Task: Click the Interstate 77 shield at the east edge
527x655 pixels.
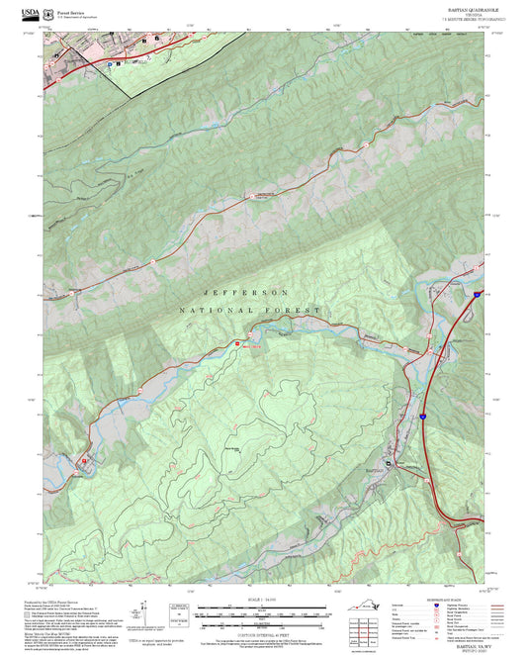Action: tap(478, 295)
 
